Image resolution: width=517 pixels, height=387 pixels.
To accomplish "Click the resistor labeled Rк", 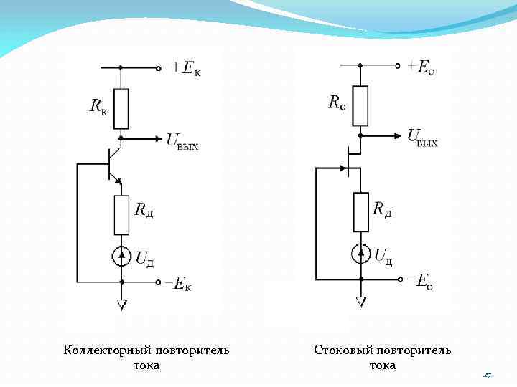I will (121, 108).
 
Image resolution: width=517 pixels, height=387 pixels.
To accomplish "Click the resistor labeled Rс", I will (360, 106).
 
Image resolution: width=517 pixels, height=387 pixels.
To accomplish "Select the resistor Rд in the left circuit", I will (121, 214).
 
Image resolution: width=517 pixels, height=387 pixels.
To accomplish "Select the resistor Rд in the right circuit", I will (360, 212).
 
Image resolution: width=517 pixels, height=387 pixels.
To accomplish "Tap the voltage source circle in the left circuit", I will (121, 256).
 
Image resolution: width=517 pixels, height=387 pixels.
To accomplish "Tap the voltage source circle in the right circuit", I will (360, 254).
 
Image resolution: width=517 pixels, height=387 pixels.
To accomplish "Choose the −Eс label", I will (417, 281).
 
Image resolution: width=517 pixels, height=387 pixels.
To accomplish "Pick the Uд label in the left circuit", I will (145, 259).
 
